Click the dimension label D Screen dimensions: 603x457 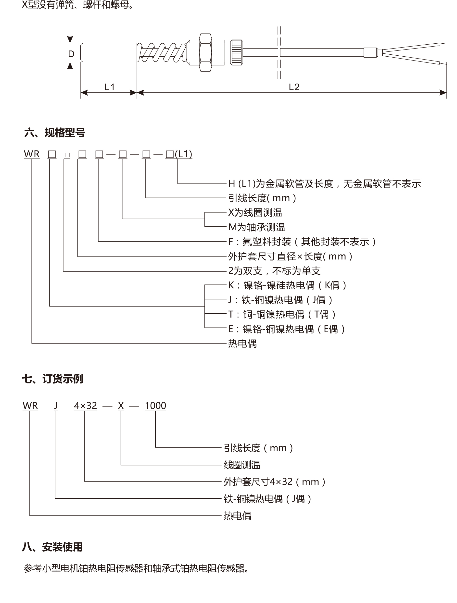[71, 54]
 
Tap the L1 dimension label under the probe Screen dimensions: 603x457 [109, 87]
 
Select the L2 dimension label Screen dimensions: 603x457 [294, 87]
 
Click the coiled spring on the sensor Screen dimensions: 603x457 [162, 52]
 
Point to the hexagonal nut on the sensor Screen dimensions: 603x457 [205, 53]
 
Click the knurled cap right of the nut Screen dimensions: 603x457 [237, 52]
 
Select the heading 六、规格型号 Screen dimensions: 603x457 [55, 133]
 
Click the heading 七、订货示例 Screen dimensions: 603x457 [52, 379]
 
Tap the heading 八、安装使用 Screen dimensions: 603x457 [52, 547]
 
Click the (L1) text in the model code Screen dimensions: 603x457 [184, 154]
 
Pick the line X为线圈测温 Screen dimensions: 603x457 [255, 213]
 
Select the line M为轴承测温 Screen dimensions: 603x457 [256, 227]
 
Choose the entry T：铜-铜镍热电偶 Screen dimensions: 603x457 [282, 315]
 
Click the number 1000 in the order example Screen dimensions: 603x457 [155, 406]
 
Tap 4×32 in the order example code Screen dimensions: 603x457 [85, 406]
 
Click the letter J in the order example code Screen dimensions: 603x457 [56, 406]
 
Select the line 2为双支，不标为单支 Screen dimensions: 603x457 [274, 271]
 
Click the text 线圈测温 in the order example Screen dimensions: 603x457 [242, 465]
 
